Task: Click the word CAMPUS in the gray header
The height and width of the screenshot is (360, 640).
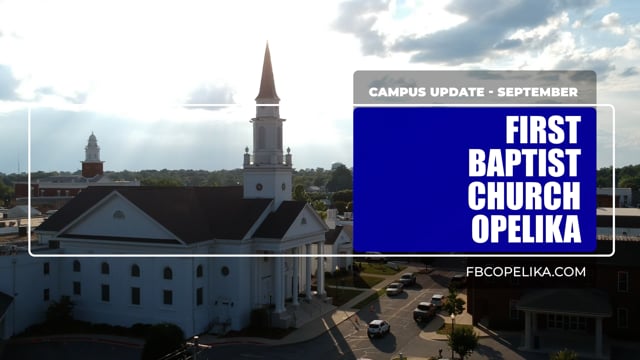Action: [x=399, y=92]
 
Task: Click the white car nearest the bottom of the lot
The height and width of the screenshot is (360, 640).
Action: [x=378, y=327]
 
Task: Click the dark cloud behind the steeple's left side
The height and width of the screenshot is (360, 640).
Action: [x=210, y=95]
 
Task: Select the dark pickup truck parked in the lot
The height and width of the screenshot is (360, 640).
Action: [x=425, y=310]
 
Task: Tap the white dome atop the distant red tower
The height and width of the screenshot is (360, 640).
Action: [x=92, y=140]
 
